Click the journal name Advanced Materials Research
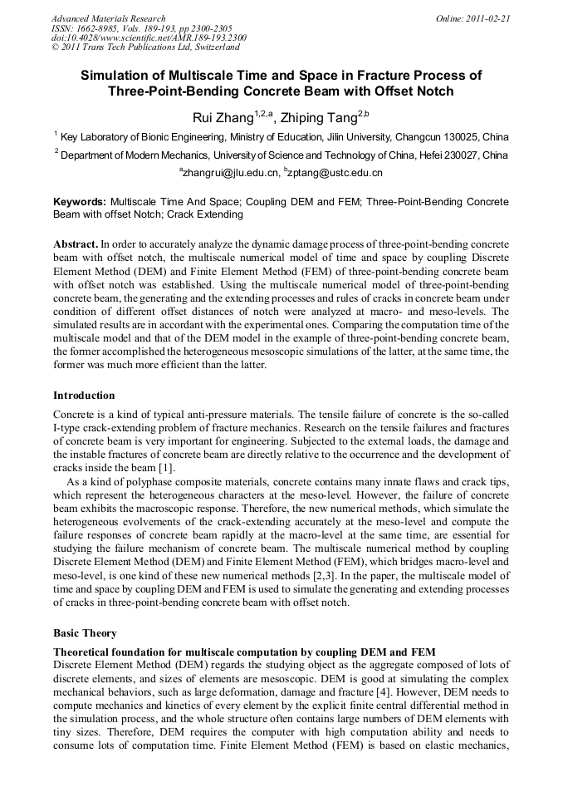108,18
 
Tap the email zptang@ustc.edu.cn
335,173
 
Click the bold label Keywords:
80,202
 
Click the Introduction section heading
84,396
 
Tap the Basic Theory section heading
85,633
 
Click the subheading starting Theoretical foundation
245,651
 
